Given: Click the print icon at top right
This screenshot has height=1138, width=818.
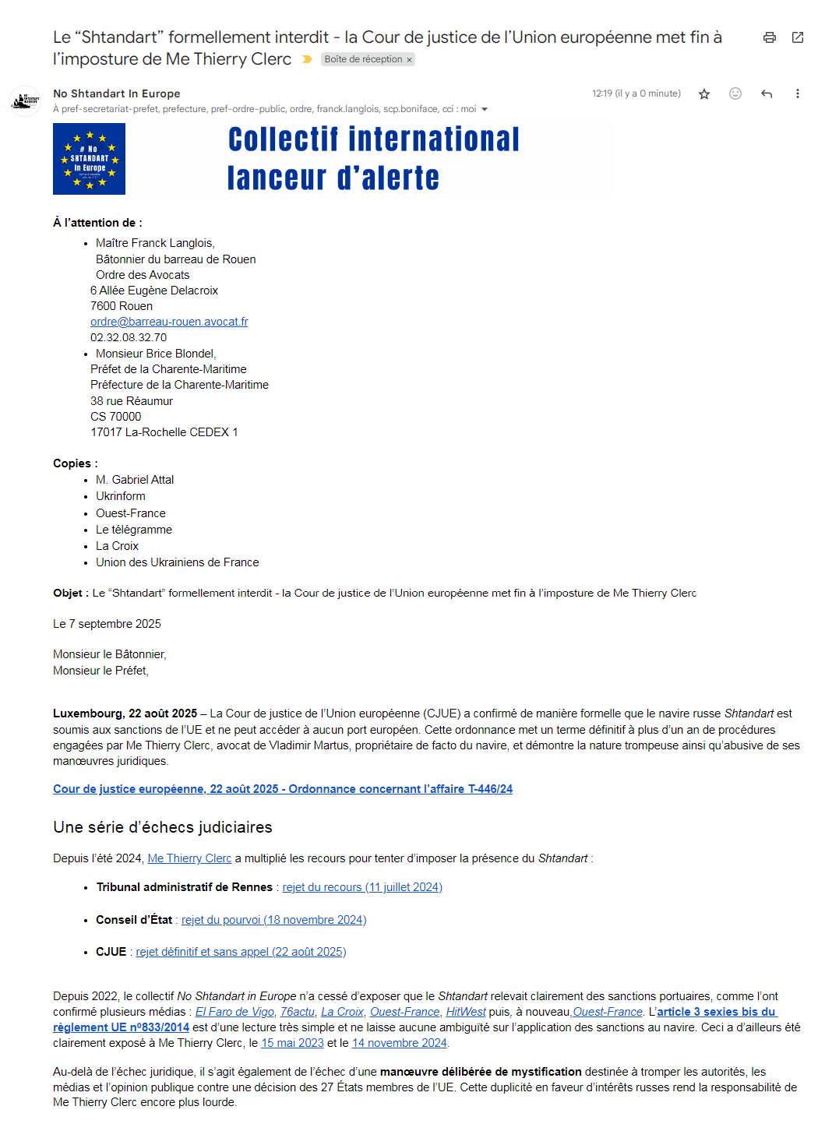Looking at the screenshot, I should click(769, 37).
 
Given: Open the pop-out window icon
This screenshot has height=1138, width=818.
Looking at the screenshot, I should click(797, 37).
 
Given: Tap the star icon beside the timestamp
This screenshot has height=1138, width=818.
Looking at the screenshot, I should click(704, 94).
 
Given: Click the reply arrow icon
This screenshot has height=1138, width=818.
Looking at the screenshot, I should click(767, 94).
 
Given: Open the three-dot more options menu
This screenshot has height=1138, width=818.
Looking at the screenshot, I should click(797, 94).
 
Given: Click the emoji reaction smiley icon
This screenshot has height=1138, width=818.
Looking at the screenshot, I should click(735, 93).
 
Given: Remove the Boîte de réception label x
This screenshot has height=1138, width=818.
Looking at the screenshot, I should click(409, 60).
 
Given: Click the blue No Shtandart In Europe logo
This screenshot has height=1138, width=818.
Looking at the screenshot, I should click(89, 159).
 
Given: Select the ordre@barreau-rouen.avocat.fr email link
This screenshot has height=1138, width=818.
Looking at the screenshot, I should click(169, 322).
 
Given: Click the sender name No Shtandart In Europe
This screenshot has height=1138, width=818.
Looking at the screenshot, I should click(116, 93).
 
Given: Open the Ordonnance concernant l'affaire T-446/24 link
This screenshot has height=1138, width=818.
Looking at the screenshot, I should click(283, 789).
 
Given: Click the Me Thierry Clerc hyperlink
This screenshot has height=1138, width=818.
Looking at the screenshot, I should click(189, 858).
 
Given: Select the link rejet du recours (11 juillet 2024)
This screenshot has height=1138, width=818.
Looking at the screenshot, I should click(362, 887).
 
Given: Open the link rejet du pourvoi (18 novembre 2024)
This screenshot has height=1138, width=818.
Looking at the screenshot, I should click(273, 920).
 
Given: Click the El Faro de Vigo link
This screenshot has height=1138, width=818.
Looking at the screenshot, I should click(234, 1012).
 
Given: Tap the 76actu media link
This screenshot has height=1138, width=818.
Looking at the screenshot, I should click(298, 1012).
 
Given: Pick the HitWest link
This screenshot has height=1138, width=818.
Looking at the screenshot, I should click(465, 1012).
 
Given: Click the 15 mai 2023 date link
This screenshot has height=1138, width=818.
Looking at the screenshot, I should click(292, 1043).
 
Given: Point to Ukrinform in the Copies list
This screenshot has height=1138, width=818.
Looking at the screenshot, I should click(121, 496).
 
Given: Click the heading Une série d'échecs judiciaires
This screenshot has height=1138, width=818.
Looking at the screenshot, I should click(163, 827).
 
